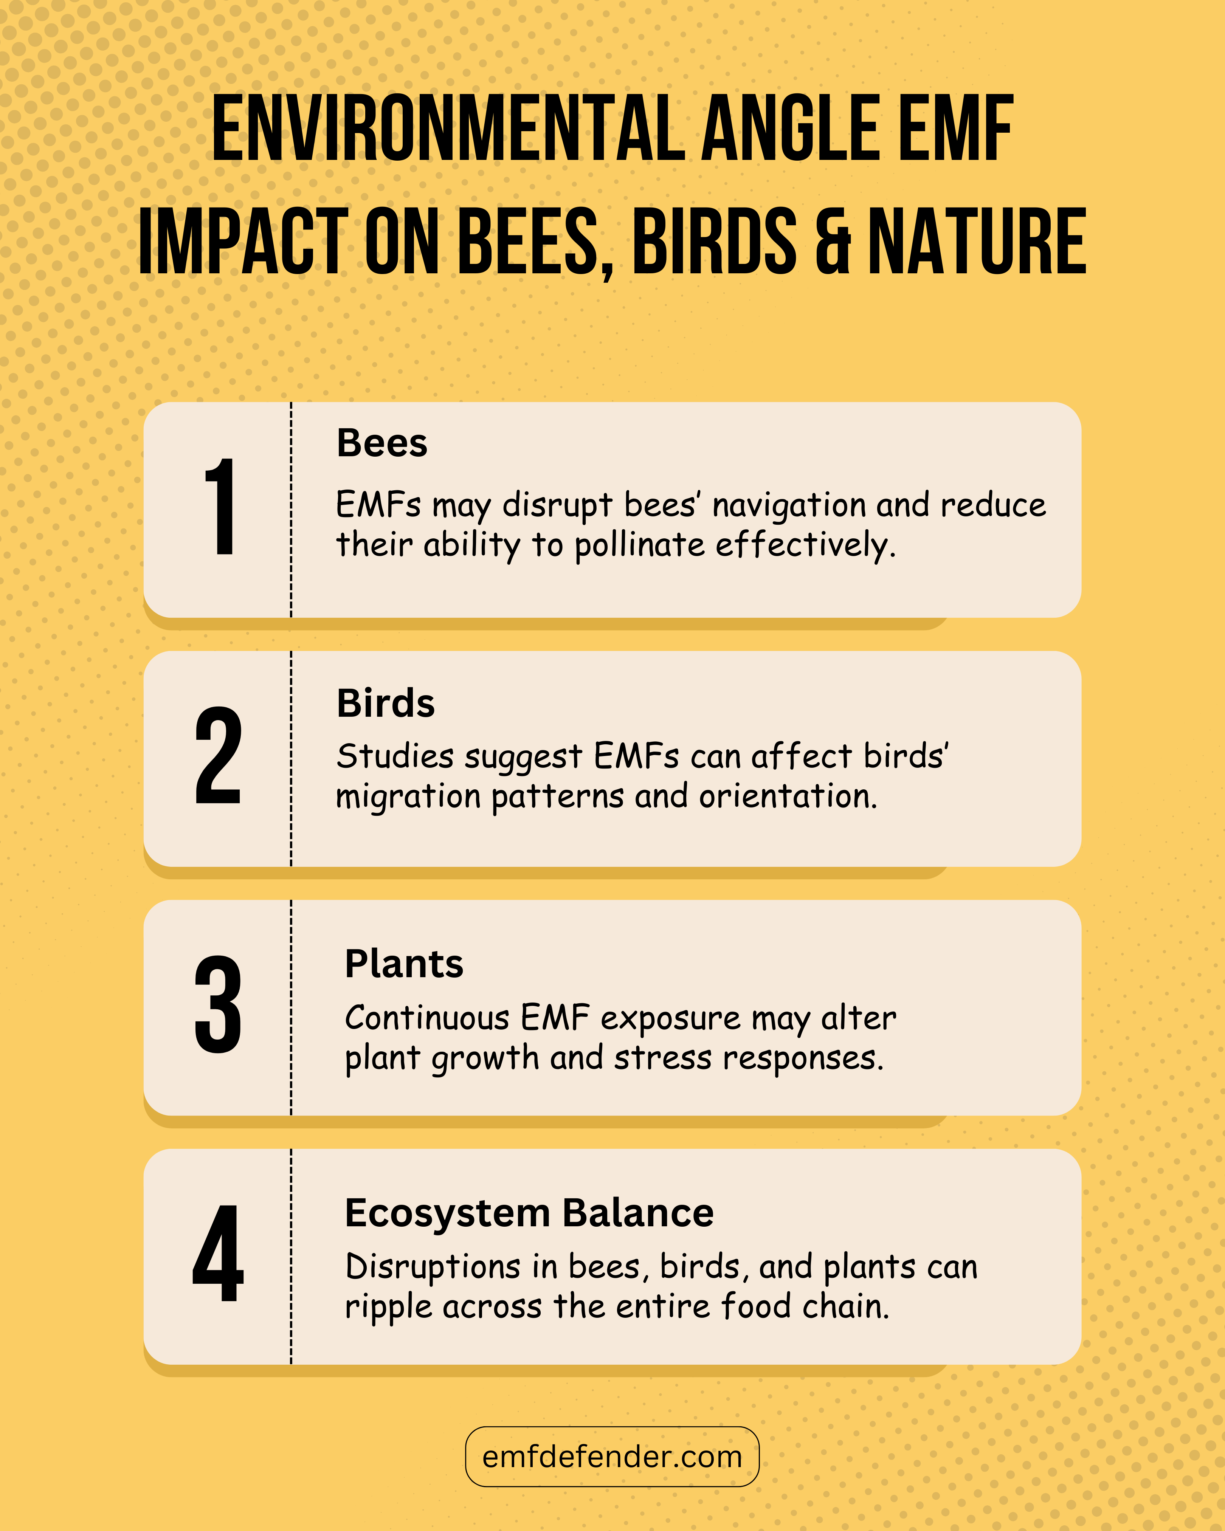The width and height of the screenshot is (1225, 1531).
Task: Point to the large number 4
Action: [218, 1254]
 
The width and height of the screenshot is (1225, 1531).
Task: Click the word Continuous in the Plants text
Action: [427, 1018]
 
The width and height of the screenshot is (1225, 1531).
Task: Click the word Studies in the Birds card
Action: [395, 756]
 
